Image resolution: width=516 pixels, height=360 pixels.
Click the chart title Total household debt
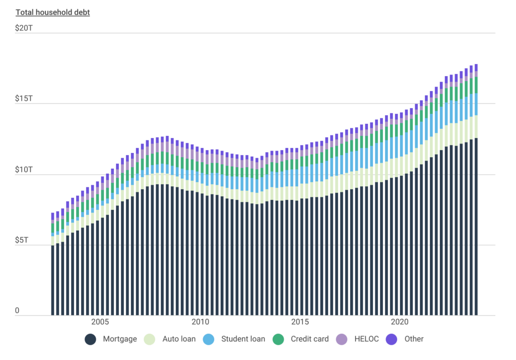(52, 13)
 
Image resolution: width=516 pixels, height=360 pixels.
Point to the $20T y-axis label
(24, 29)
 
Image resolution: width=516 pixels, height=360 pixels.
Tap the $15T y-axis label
(24, 99)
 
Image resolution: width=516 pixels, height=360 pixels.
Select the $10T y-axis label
(24, 170)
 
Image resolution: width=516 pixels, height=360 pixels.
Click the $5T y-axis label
(22, 240)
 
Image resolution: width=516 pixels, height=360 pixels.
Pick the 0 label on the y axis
(17, 311)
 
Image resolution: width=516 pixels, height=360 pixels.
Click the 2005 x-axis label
(100, 322)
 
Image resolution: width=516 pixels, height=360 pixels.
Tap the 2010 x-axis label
(201, 322)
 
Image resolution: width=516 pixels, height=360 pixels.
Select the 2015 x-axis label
(300, 322)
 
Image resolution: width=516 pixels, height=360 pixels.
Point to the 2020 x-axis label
(400, 322)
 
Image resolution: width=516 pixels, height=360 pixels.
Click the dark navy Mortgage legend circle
(91, 339)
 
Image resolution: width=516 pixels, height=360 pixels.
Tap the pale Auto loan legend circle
(150, 339)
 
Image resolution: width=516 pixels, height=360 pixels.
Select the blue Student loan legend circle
(209, 339)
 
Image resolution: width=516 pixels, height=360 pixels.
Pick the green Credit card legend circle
(278, 339)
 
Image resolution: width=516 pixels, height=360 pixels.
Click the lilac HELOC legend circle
(342, 339)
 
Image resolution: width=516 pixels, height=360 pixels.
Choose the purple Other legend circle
(392, 339)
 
